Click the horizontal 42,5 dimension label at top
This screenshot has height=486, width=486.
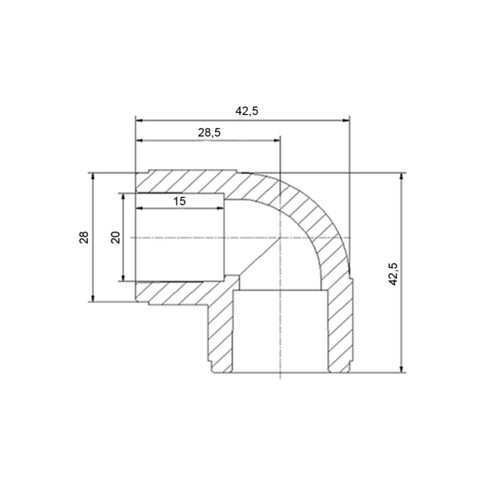coord(247,111)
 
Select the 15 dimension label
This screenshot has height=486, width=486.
coord(180,201)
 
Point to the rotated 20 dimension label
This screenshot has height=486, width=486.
coord(115,237)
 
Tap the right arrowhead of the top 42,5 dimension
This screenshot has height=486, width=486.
coord(346,121)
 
